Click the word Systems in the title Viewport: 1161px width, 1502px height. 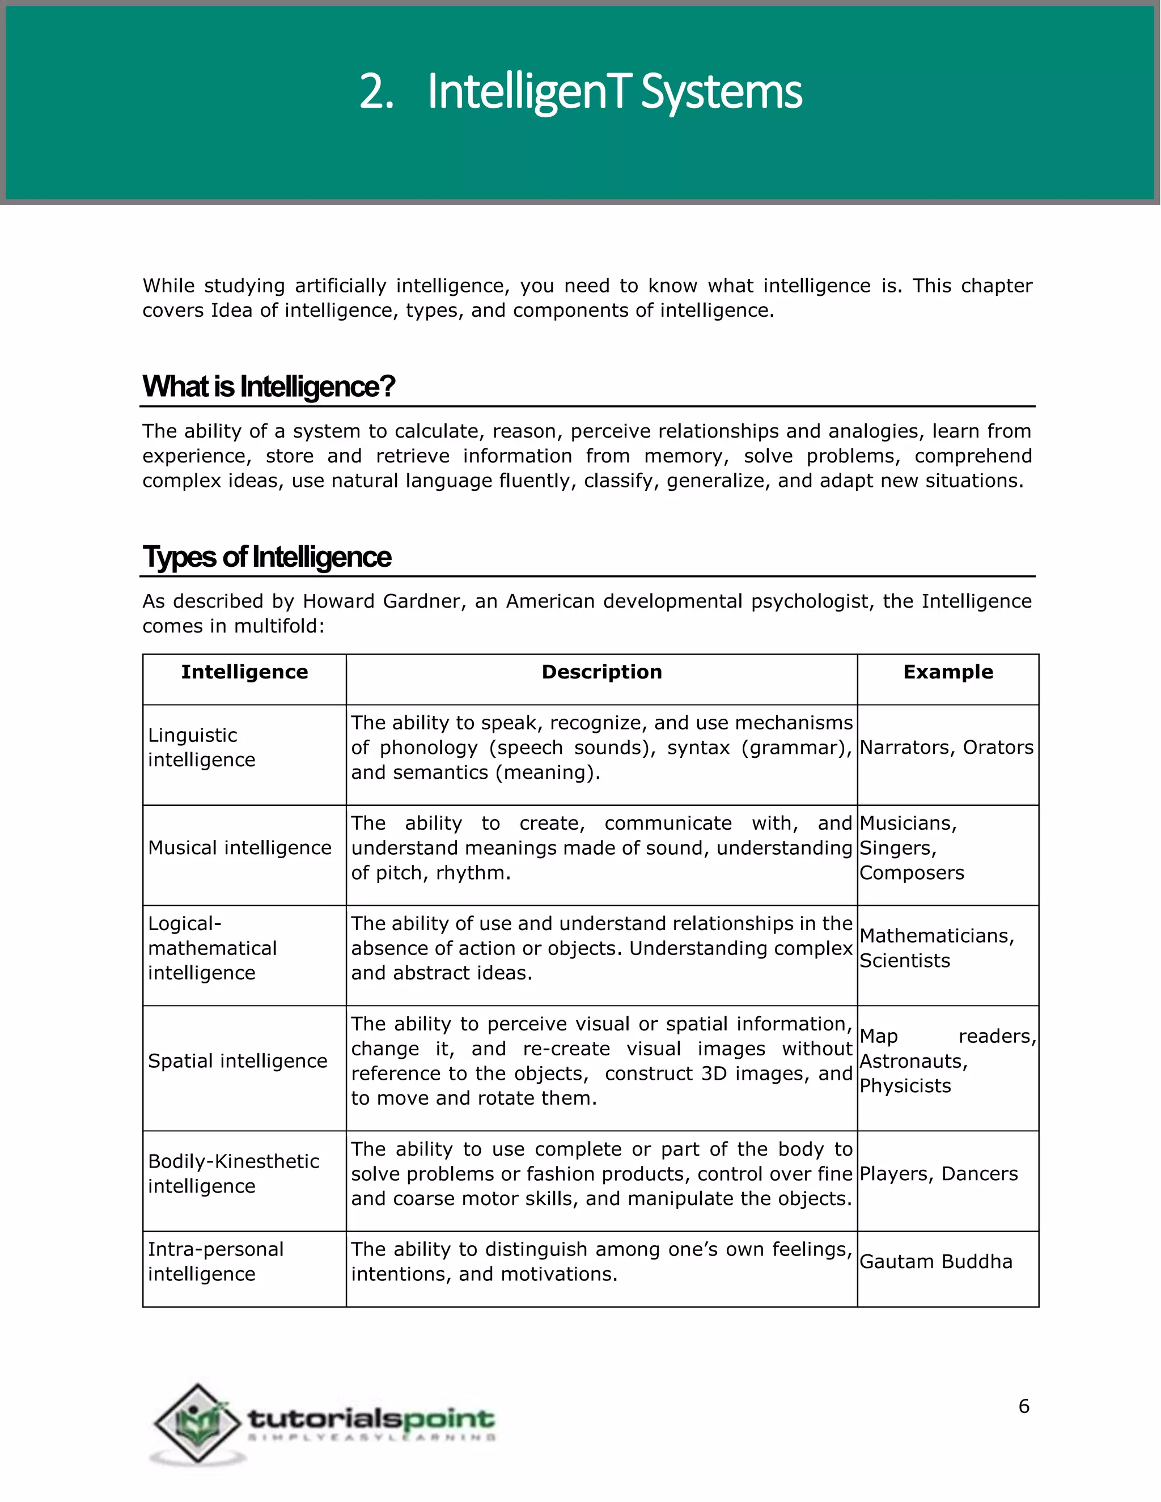pyautogui.click(x=721, y=92)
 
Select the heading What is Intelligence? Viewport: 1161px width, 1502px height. pyautogui.click(x=268, y=387)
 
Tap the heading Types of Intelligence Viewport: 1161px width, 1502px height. pyautogui.click(x=266, y=557)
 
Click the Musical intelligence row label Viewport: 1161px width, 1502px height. pyautogui.click(x=239, y=848)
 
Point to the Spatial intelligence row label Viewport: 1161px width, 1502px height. pyautogui.click(x=238, y=1061)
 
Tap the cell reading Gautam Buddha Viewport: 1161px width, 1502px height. pyautogui.click(x=935, y=1262)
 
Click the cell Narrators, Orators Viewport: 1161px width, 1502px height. pyautogui.click(x=946, y=748)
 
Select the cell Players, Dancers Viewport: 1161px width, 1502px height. pyautogui.click(x=938, y=1174)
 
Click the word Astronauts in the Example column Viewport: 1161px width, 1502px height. pyautogui.click(x=913, y=1061)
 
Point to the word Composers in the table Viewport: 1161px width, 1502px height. pyautogui.click(x=912, y=873)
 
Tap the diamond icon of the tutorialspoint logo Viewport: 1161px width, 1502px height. pyautogui.click(x=198, y=1422)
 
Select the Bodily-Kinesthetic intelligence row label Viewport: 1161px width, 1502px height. pyautogui.click(x=233, y=1174)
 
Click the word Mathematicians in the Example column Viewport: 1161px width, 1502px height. pyautogui.click(x=936, y=936)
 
